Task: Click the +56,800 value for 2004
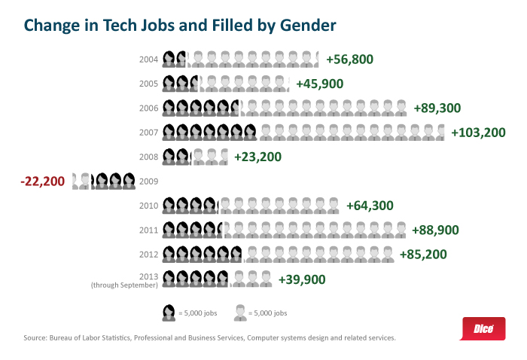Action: click(x=350, y=59)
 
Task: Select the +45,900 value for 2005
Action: click(x=320, y=84)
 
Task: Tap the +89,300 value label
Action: click(x=437, y=108)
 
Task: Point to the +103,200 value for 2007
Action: click(x=478, y=133)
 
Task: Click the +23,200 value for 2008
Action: click(x=257, y=157)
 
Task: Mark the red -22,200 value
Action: click(x=44, y=182)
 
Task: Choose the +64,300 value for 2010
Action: click(x=370, y=206)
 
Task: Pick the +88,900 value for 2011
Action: click(x=436, y=230)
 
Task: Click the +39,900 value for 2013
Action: click(x=302, y=279)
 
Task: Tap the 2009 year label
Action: click(x=149, y=182)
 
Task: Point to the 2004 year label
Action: click(x=149, y=59)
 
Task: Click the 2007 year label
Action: click(x=149, y=133)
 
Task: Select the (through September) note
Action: click(x=124, y=285)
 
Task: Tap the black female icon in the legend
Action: click(x=169, y=313)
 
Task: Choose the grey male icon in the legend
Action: click(x=240, y=313)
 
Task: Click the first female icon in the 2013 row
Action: click(x=169, y=279)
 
